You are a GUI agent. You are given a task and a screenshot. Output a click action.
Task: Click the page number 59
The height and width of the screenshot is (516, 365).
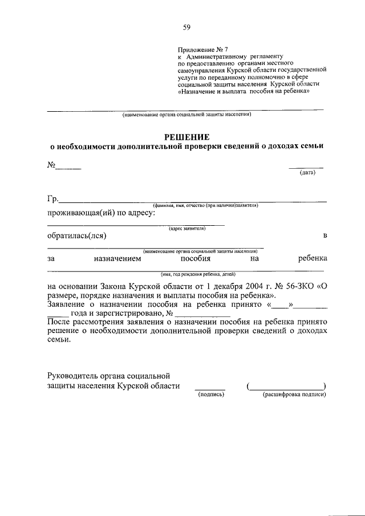point(186,27)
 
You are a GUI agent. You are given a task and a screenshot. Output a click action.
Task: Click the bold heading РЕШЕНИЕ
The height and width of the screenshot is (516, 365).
point(186,136)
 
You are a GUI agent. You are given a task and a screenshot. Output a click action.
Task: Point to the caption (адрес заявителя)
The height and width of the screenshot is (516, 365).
point(187,228)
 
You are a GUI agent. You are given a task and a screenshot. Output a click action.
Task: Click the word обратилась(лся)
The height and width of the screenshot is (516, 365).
point(76,235)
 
